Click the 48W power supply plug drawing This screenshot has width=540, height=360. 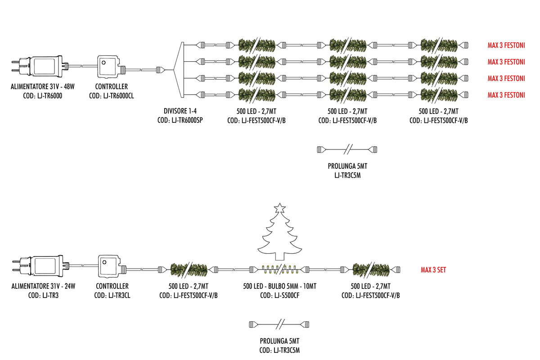pyautogui.click(x=40, y=66)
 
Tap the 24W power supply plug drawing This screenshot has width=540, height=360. pyautogui.click(x=40, y=265)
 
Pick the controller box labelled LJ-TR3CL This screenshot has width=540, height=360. pyautogui.click(x=112, y=266)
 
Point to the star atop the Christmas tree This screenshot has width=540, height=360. pyautogui.click(x=279, y=208)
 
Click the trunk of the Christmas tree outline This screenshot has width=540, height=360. pyautogui.click(x=279, y=257)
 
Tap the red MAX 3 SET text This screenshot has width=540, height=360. pyautogui.click(x=433, y=270)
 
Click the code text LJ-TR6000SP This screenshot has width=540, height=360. pyautogui.click(x=187, y=120)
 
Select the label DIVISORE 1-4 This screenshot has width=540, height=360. pyautogui.click(x=180, y=111)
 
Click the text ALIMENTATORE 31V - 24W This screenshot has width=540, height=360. pyautogui.click(x=43, y=286)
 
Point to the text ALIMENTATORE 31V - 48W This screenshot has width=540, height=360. pyautogui.click(x=43, y=86)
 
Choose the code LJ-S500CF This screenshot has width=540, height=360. pyautogui.click(x=287, y=295)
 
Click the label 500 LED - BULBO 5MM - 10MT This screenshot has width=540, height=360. pyautogui.click(x=279, y=286)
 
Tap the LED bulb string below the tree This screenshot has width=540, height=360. pyautogui.click(x=279, y=270)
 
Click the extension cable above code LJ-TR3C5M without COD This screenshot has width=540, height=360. pyautogui.click(x=347, y=149)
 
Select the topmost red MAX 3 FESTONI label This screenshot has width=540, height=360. pyautogui.click(x=506, y=45)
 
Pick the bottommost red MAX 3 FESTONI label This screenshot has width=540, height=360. pyautogui.click(x=506, y=95)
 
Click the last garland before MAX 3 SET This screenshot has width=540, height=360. pyautogui.click(x=371, y=270)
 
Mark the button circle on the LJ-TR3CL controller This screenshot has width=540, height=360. pyautogui.click(x=104, y=262)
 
